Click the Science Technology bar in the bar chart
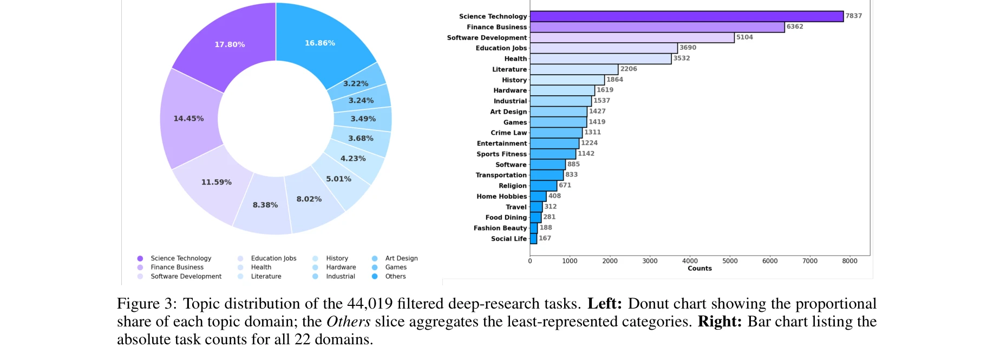pos(686,16)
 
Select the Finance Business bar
pos(657,27)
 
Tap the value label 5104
pos(744,37)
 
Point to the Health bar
pos(600,58)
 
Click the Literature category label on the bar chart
pos(509,69)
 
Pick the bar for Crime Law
pos(556,133)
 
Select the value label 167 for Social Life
pos(545,238)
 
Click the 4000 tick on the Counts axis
pos(690,261)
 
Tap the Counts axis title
pos(699,269)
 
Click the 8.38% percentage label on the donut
pos(265,205)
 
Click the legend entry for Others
pos(395,277)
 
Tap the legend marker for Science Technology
pos(140,259)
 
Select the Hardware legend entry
pos(341,267)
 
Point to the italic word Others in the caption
pos(348,322)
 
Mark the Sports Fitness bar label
pos(501,154)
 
